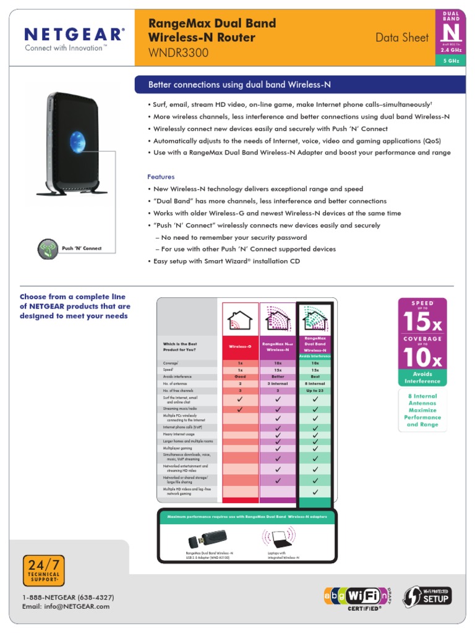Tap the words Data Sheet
tap(402, 38)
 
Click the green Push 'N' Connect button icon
tap(47, 249)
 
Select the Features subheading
tap(161, 177)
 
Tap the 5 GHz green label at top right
tap(458, 61)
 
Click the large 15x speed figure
tap(423, 321)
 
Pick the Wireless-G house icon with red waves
tap(240, 320)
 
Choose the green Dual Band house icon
tap(315, 320)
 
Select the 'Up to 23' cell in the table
tap(315, 391)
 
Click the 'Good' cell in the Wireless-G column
tap(240, 376)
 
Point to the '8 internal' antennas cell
tap(315, 384)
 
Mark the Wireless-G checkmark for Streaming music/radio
tap(240, 409)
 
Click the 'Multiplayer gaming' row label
tap(178, 448)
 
